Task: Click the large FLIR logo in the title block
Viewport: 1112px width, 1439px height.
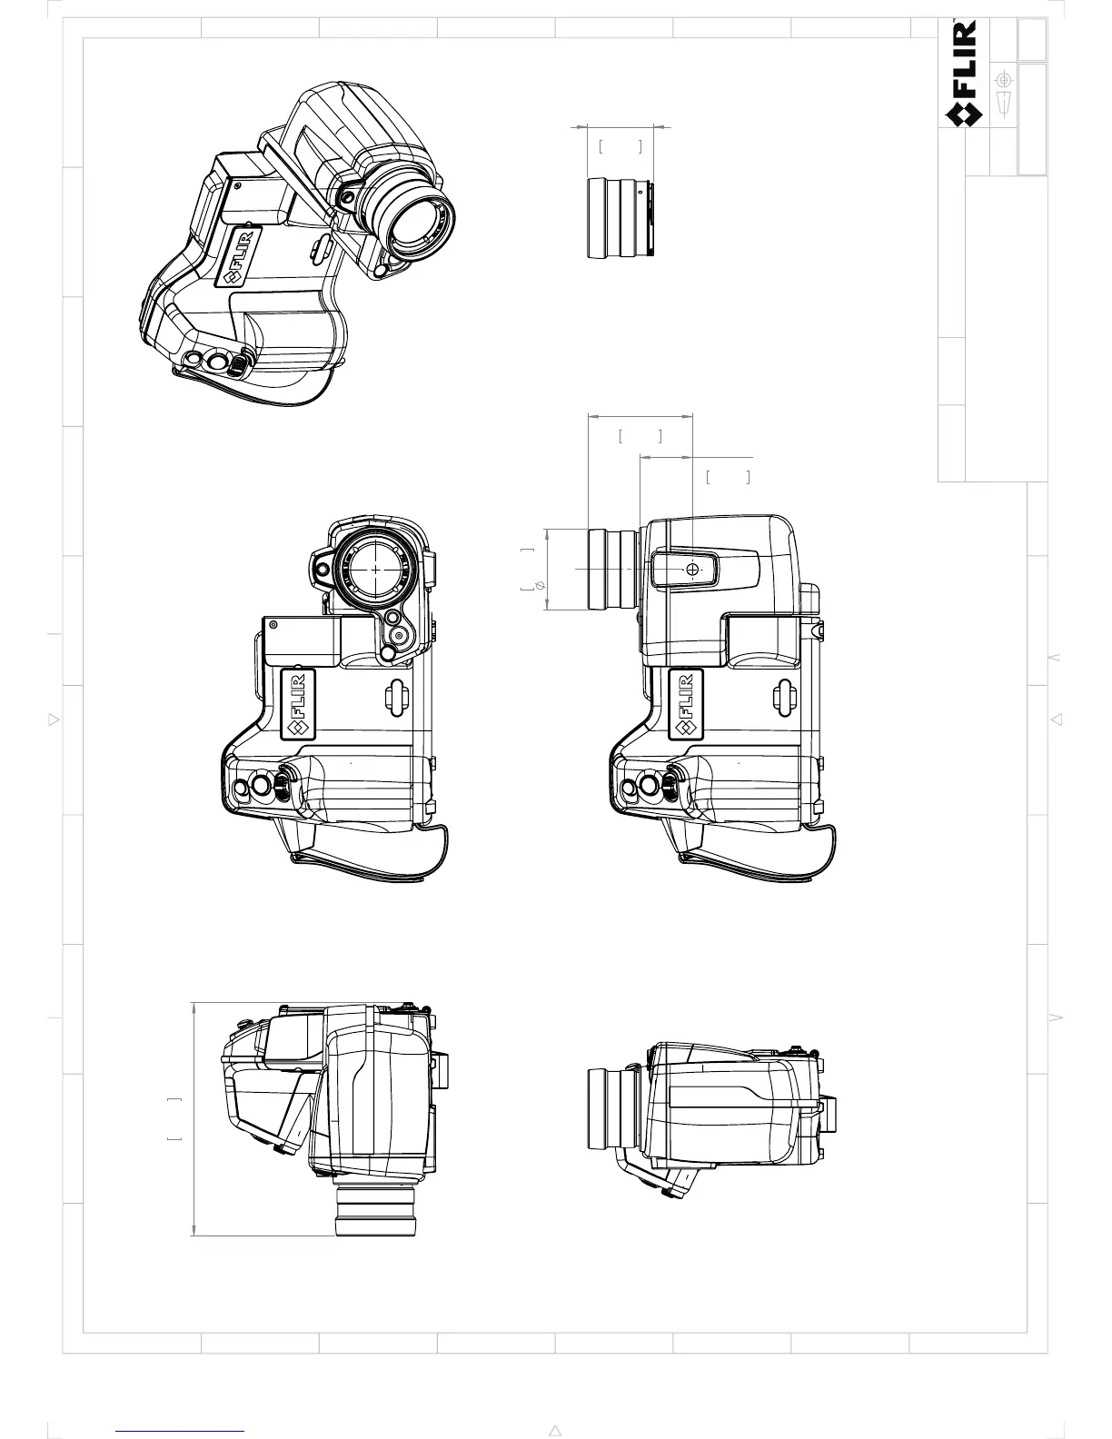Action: tap(964, 74)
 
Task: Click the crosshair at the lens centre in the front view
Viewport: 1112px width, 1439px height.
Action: tap(375, 568)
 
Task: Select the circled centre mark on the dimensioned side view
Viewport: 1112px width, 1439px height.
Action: tap(693, 569)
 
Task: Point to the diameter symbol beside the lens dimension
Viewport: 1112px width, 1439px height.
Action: tap(539, 585)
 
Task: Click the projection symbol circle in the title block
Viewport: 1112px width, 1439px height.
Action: tap(1003, 80)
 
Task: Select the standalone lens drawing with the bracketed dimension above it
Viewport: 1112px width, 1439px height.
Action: tap(621, 218)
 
